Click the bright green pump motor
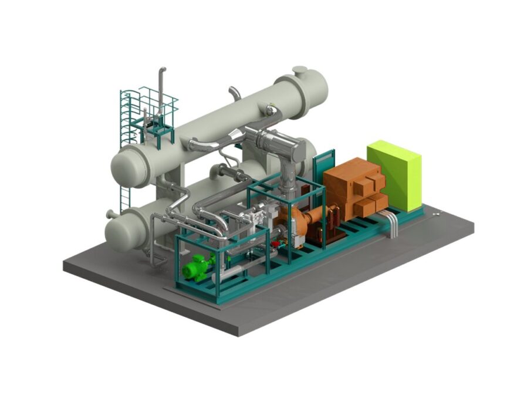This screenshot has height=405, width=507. click(196, 268)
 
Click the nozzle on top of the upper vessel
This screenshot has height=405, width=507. click(300, 71)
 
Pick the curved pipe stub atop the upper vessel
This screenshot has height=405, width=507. click(235, 92)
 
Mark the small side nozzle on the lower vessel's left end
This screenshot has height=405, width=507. click(109, 215)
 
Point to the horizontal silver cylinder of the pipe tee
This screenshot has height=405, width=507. click(276, 141)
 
